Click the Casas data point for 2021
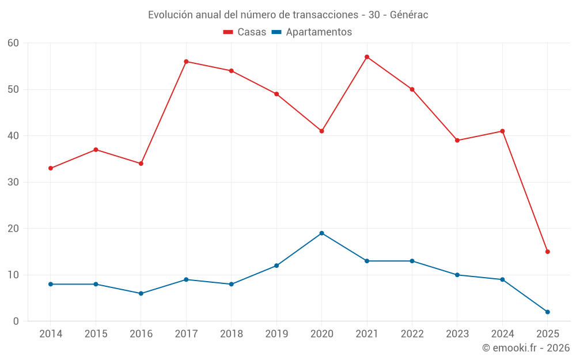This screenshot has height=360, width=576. (x=367, y=57)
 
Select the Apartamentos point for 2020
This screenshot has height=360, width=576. (x=322, y=233)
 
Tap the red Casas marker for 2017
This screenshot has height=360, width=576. (x=186, y=62)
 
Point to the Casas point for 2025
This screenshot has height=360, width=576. (x=548, y=252)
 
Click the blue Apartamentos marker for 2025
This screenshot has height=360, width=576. (x=548, y=312)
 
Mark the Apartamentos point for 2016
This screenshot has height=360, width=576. (x=141, y=294)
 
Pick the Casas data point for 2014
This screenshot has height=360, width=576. (x=51, y=168)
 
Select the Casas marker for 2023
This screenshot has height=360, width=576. (x=457, y=141)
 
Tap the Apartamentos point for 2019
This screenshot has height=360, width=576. (x=276, y=266)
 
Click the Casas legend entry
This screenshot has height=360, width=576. (x=245, y=32)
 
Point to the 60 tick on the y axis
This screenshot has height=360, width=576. (x=14, y=43)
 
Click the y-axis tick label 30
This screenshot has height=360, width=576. (x=14, y=182)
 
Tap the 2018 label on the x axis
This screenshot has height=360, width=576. (x=232, y=334)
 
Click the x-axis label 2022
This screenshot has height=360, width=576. (x=412, y=334)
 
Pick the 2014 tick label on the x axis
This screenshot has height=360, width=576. (x=51, y=334)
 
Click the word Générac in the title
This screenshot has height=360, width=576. (x=409, y=15)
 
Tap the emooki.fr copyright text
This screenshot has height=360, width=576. (x=526, y=348)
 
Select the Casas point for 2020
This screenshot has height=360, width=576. (x=322, y=131)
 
